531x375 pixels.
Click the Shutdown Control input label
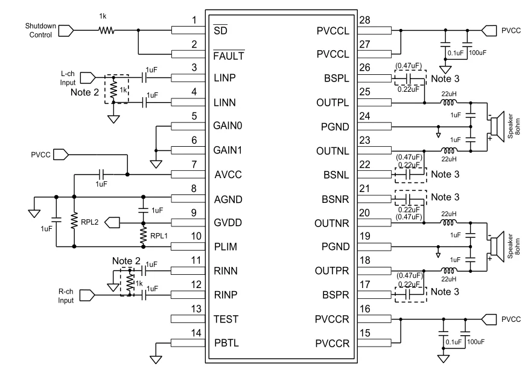(40, 30)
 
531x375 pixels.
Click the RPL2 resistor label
(89, 222)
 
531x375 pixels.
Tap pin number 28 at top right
(364, 21)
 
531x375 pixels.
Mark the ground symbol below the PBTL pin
(156, 360)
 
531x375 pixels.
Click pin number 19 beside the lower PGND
(364, 237)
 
